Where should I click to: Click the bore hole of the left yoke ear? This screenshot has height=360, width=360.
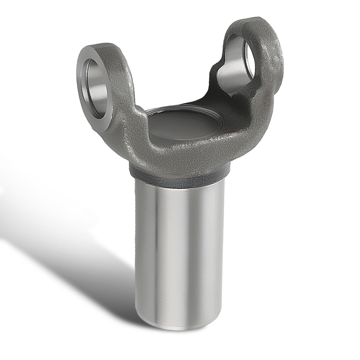coord(96,86)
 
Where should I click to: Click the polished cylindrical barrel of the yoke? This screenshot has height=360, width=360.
coord(180,252)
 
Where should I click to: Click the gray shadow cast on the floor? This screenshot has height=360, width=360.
coord(72,252)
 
